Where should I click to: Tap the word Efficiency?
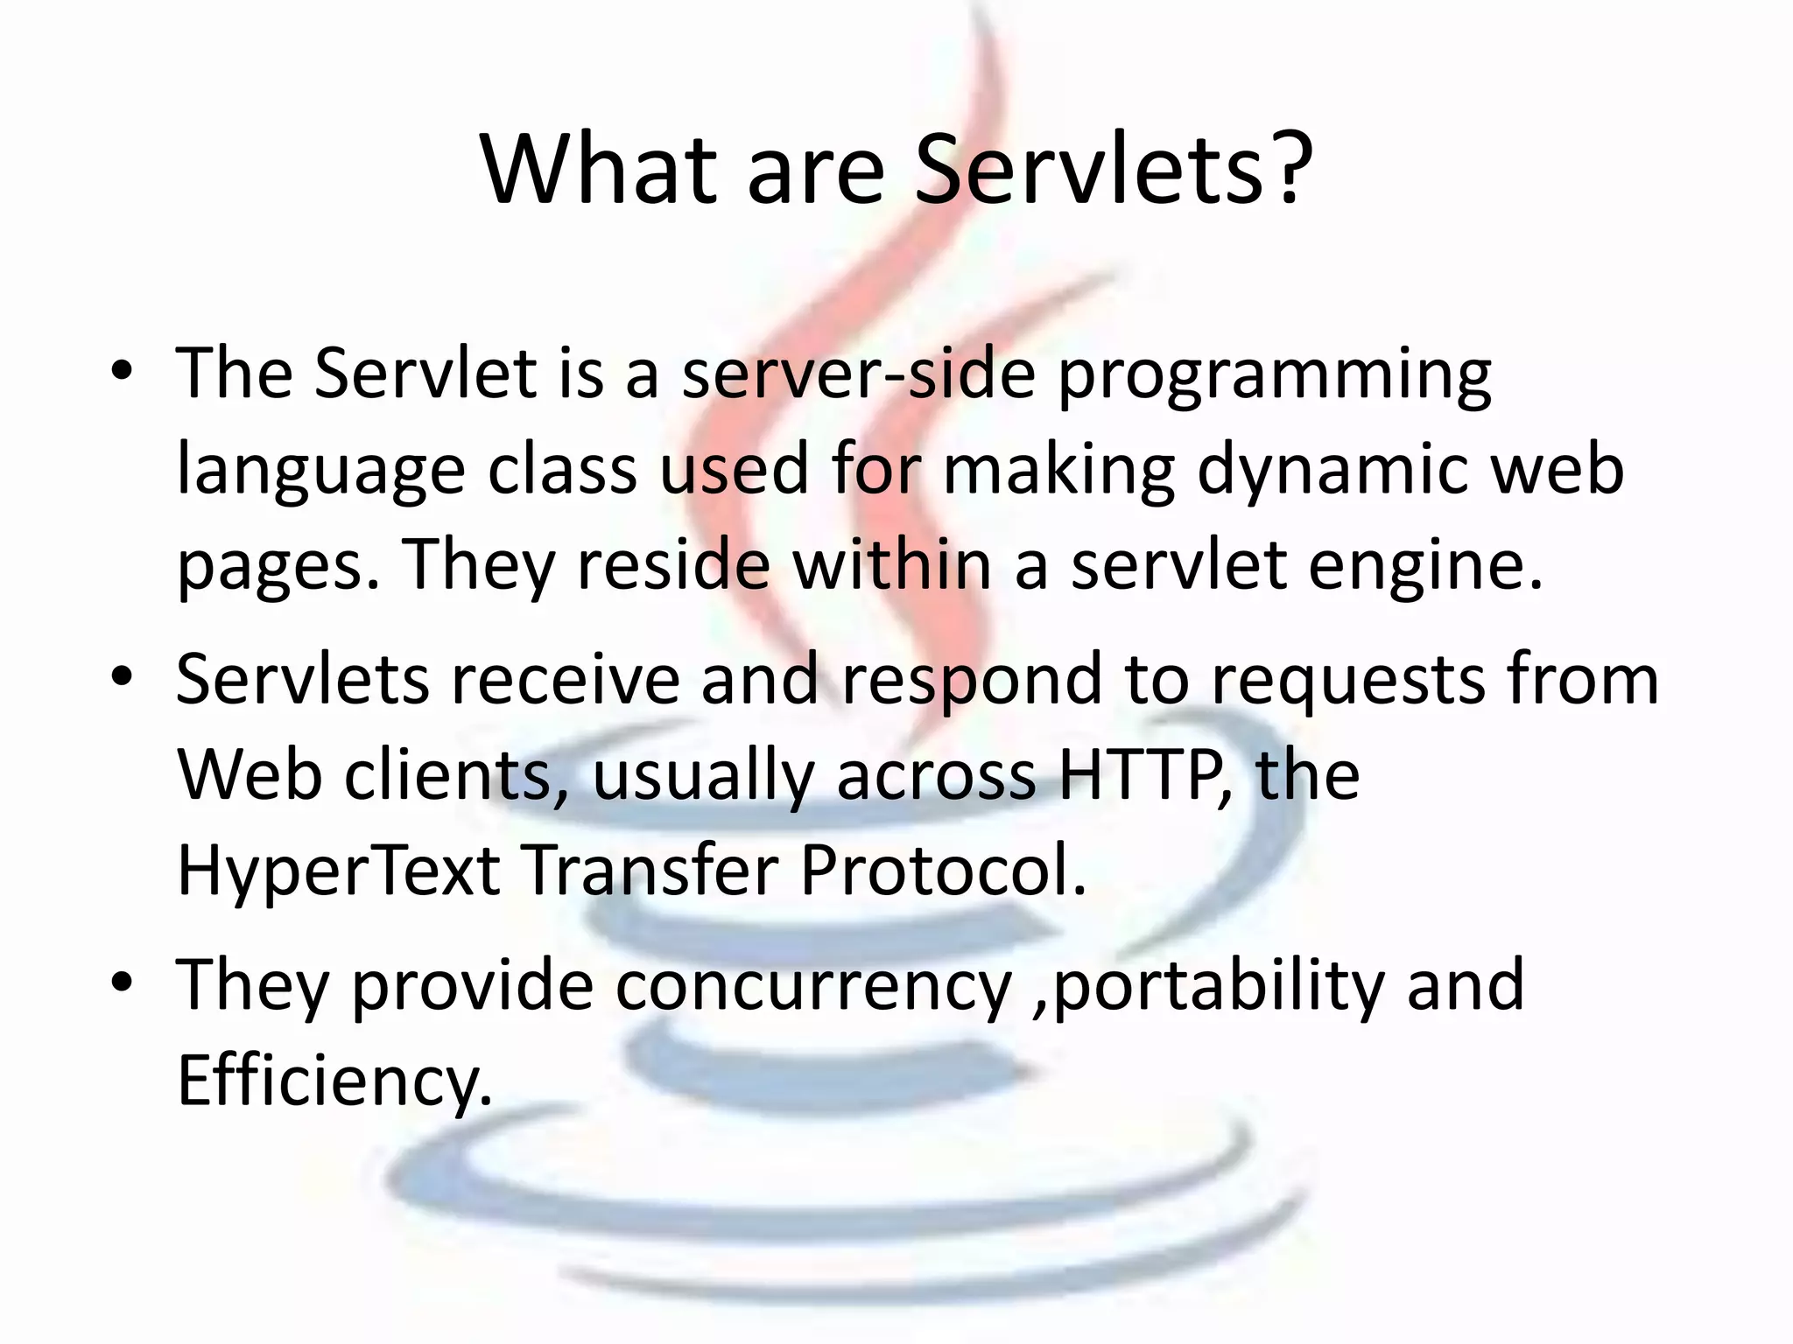tap(333, 1081)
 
